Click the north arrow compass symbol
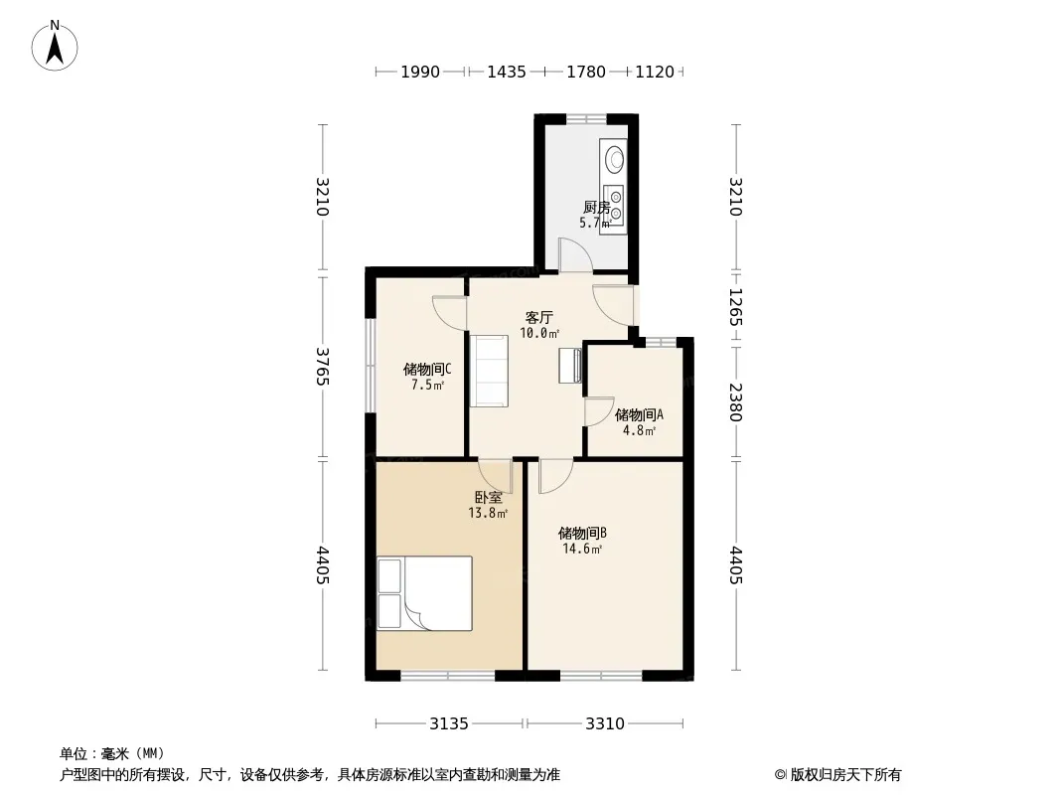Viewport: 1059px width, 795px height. [55, 46]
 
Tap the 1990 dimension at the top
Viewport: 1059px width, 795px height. [420, 72]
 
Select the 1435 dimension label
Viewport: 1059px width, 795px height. [507, 72]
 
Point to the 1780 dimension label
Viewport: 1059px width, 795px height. [585, 72]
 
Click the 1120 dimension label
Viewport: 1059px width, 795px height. [655, 72]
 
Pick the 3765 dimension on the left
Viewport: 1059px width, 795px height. [323, 366]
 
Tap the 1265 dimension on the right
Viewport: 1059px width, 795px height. [735, 307]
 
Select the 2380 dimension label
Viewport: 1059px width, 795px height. [735, 401]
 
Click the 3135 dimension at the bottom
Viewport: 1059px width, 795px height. [448, 724]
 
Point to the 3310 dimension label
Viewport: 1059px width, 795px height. [604, 724]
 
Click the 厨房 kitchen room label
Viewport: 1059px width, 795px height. [596, 207]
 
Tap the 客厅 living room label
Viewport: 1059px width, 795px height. [539, 317]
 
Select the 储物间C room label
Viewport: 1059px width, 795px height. [427, 370]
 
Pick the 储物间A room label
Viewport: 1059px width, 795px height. [639, 414]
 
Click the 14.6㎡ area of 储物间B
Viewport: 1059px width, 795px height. [582, 549]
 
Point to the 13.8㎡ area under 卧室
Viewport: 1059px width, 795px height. [488, 513]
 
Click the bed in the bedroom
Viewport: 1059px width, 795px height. [424, 593]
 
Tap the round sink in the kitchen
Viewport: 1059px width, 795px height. [615, 159]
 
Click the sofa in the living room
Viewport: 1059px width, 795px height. [489, 371]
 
